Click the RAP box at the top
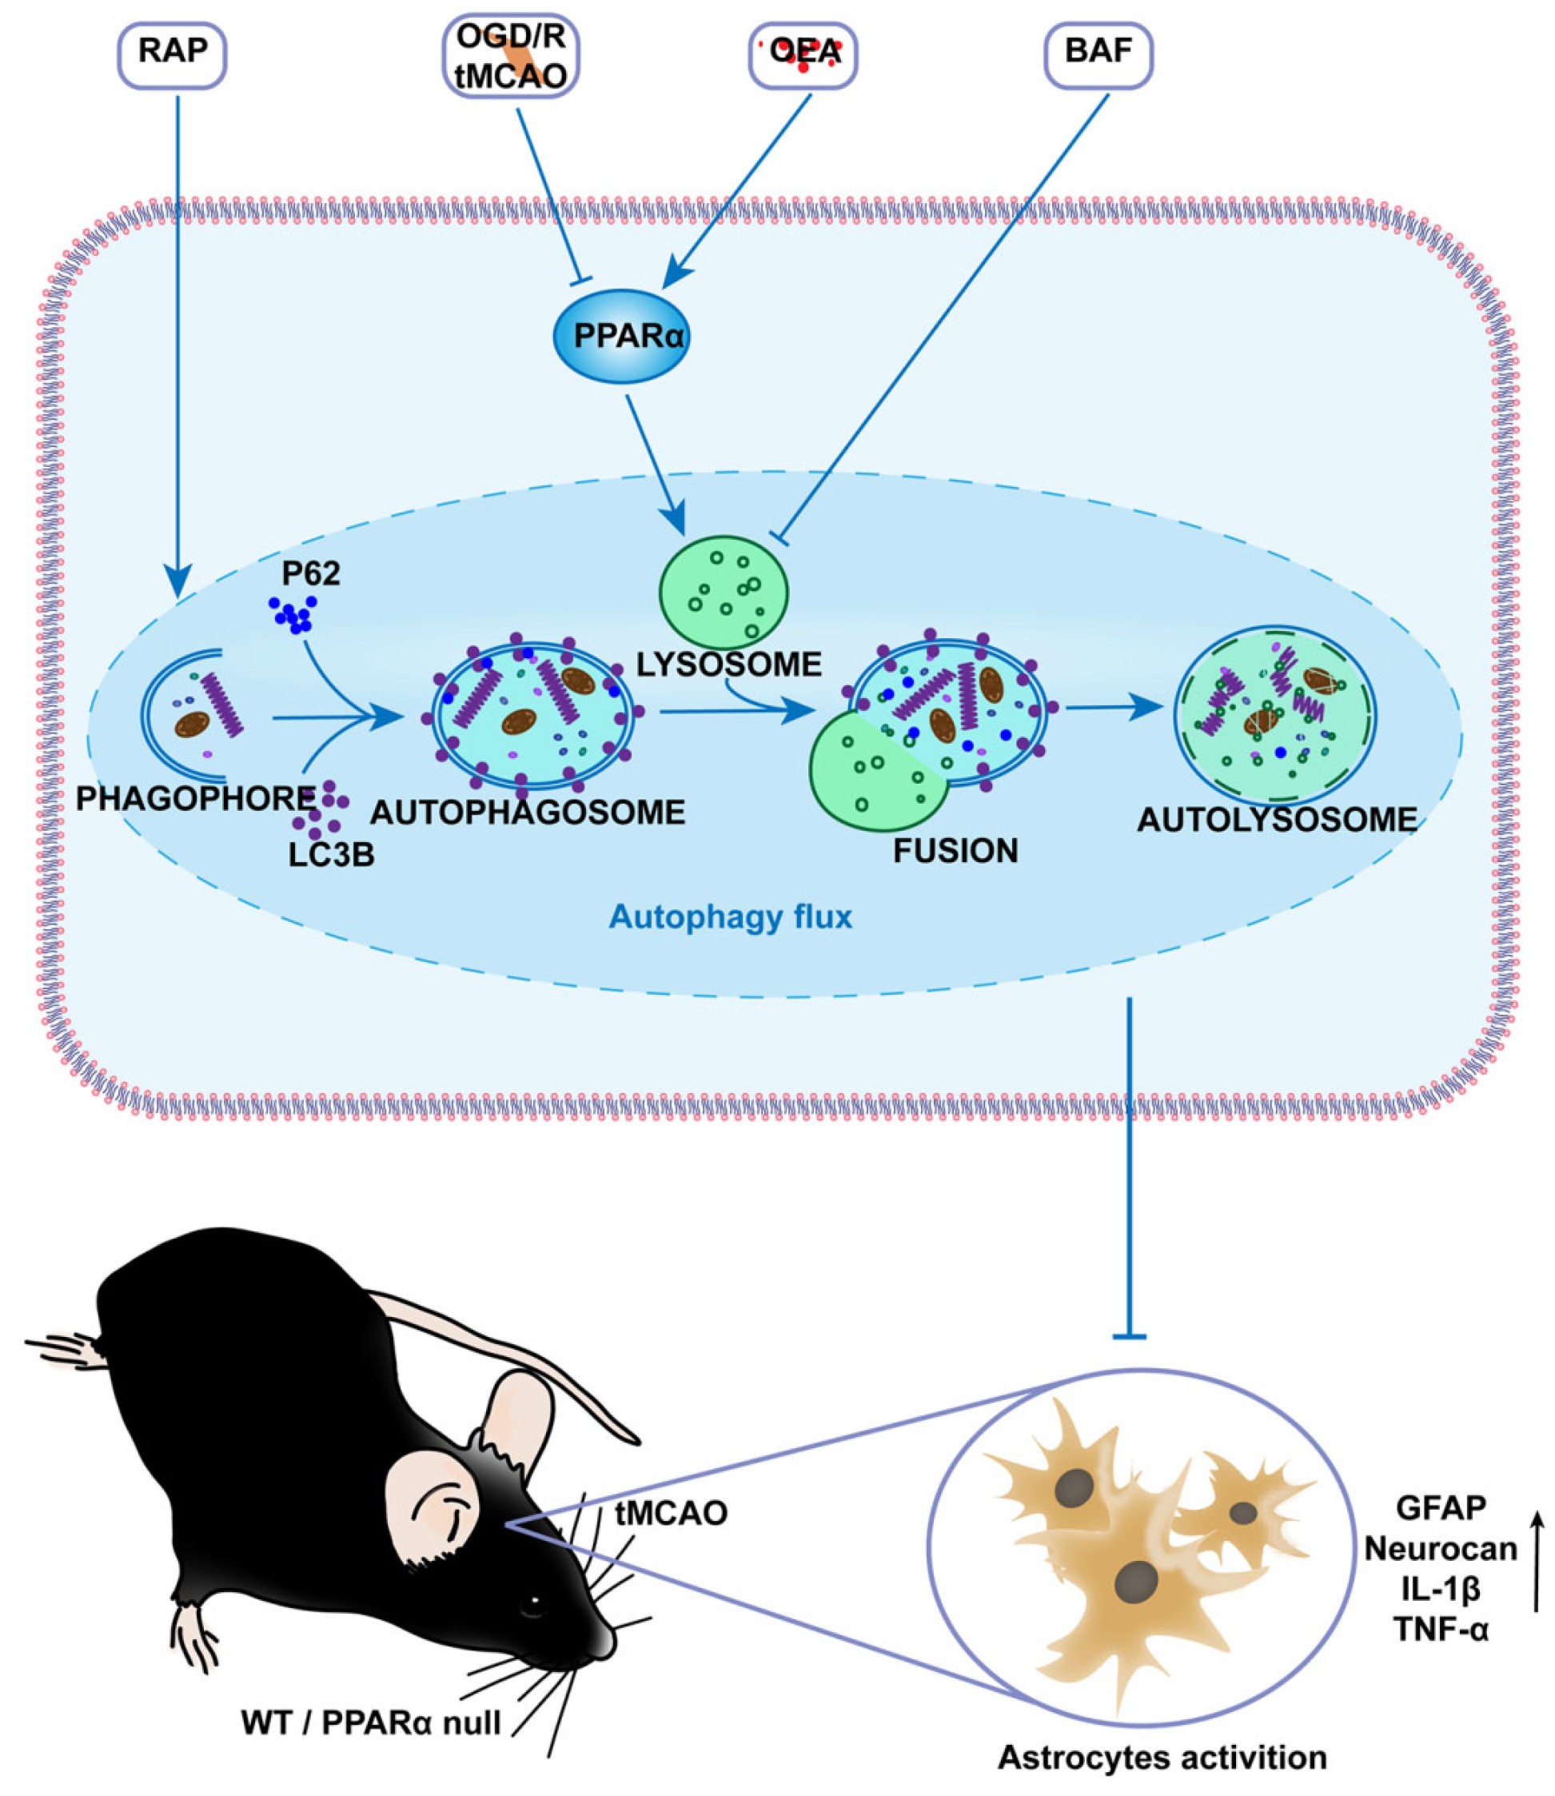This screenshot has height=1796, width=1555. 172,54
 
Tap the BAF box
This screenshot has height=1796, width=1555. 1098,54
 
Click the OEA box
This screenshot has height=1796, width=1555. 803,54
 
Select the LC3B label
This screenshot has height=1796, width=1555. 332,855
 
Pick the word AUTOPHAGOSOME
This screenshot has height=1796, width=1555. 528,813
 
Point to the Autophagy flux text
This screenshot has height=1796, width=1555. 731,916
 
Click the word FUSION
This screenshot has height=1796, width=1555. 955,851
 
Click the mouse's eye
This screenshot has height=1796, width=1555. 536,1600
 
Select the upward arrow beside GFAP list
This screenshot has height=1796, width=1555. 1537,1563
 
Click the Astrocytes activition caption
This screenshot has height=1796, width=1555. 1162,1757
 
